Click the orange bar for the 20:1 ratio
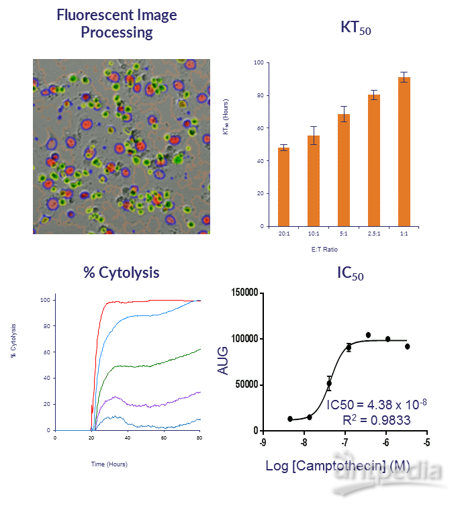pos(283,187)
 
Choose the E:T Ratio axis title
pos(344,249)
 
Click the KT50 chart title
pos(355,29)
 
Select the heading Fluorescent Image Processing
pos(117,23)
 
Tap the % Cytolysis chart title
pos(121,272)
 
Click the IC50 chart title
pos(350,273)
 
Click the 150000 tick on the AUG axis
pos(246,293)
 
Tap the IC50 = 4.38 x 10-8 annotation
pos(377,405)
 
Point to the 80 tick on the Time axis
pos(200,438)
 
